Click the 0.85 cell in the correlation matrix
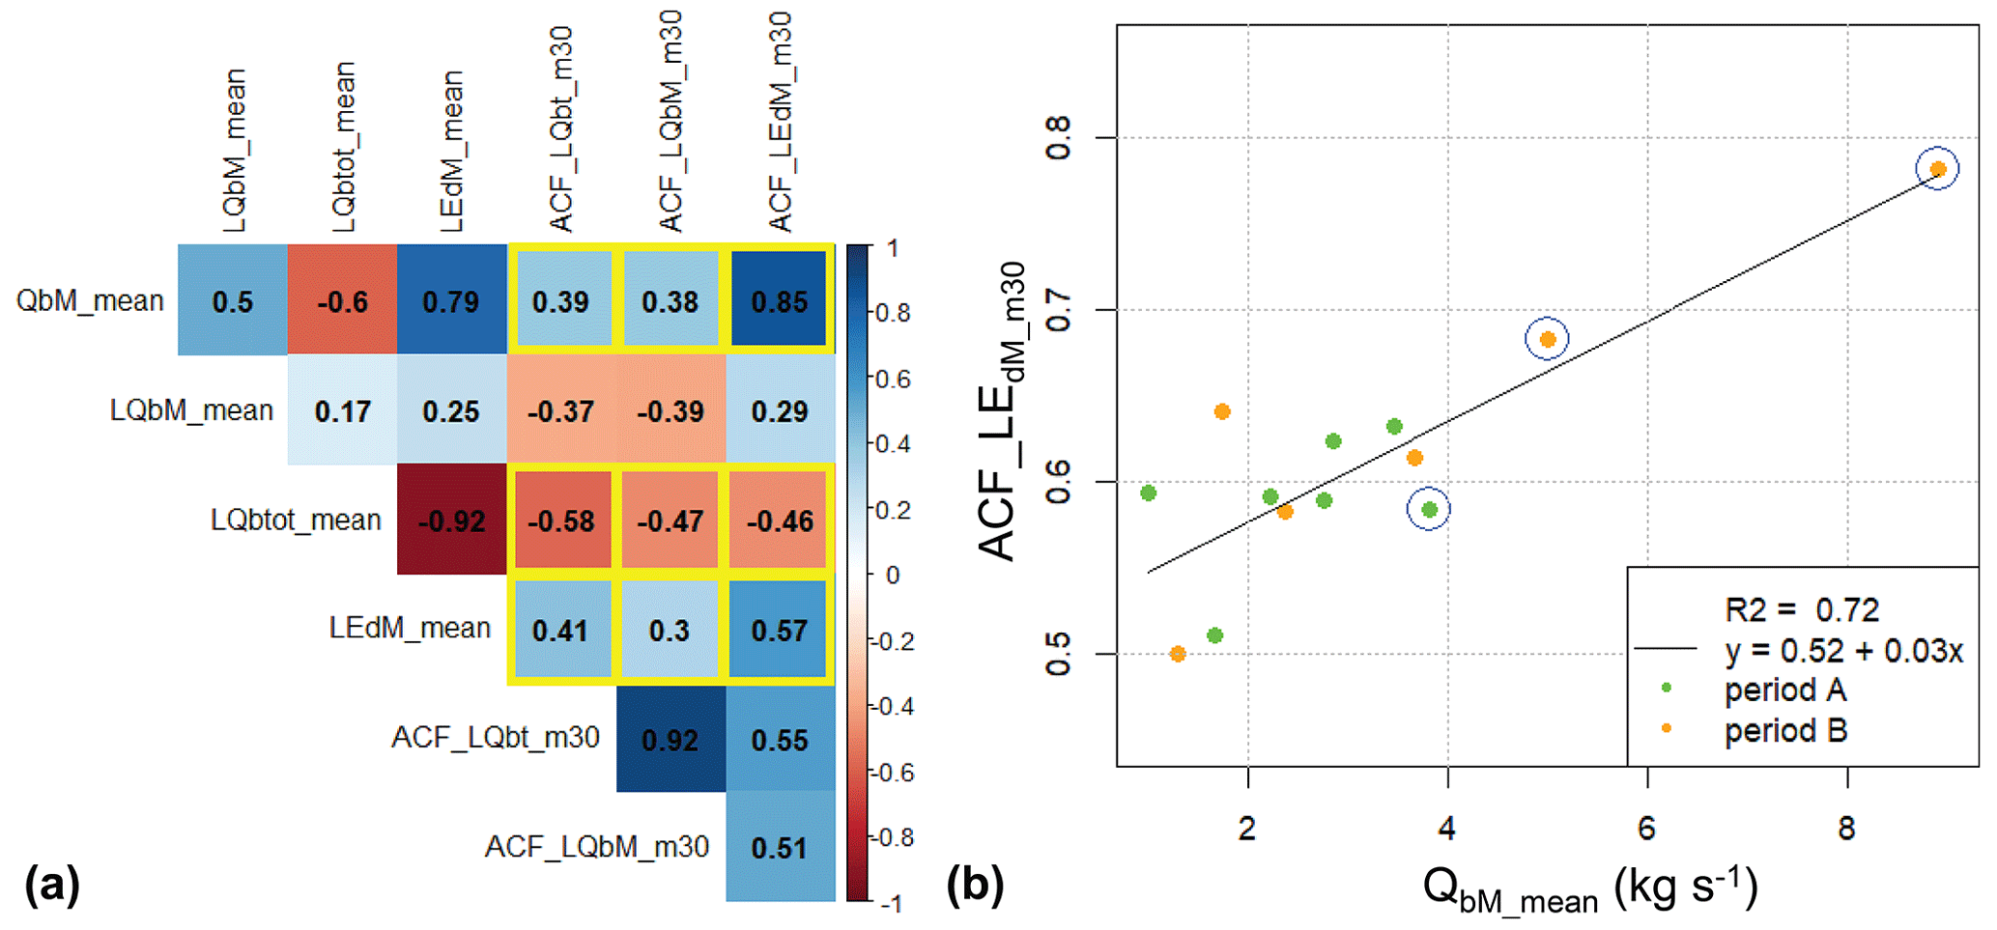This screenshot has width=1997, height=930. coord(780,300)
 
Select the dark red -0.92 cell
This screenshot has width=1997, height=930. coord(451,520)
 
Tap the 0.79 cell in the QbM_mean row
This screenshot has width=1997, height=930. coord(451,300)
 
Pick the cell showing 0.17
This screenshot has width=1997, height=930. coord(342,410)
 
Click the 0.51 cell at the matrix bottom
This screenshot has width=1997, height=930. coord(780,847)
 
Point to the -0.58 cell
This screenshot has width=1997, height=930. coord(561,520)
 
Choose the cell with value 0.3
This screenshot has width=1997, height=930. coord(670,630)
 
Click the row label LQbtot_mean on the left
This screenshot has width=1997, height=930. coord(296,520)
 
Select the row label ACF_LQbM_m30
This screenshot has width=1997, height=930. coord(596,847)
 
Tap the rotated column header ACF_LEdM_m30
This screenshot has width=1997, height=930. coord(780,123)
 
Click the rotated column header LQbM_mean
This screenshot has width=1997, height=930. coord(234,150)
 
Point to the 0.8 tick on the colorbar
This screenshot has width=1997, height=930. coord(893,313)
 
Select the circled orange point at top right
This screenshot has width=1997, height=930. coord(1937,170)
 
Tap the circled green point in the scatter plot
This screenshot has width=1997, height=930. coord(1429,509)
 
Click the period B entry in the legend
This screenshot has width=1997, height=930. coord(1785,730)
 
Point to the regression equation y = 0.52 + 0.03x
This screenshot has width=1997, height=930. coord(1843,651)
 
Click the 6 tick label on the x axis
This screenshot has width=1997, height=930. coord(1646,828)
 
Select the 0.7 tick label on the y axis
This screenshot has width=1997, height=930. coord(1059,310)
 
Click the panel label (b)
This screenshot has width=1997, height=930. coord(975,885)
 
